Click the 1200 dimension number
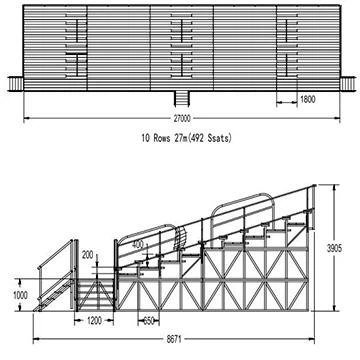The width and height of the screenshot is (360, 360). pyautogui.click(x=94, y=324)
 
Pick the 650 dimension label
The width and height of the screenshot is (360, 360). pyautogui.click(x=150, y=322)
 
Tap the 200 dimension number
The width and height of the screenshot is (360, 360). pyautogui.click(x=87, y=255)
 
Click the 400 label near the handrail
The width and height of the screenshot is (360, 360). pyautogui.click(x=137, y=243)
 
